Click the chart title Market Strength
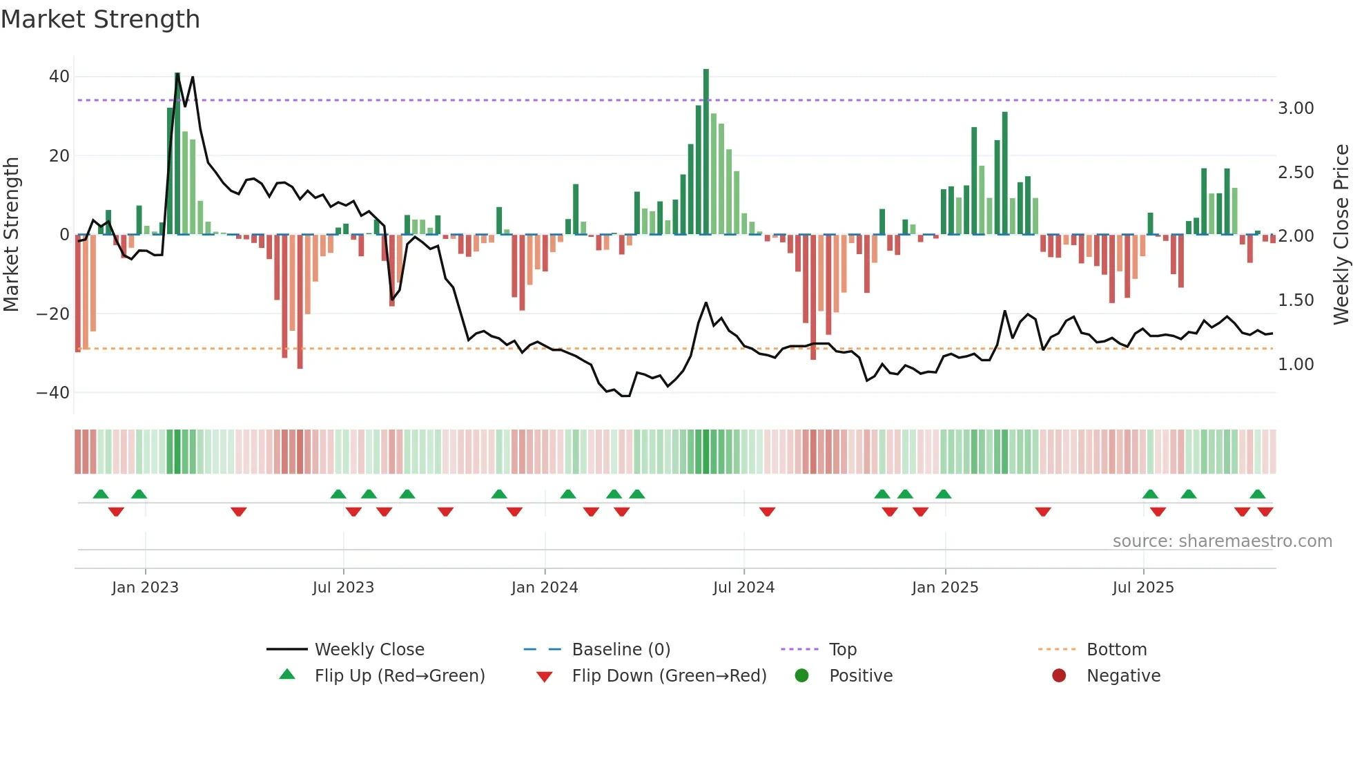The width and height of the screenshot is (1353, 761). (x=100, y=19)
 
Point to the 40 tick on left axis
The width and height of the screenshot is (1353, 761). (x=59, y=77)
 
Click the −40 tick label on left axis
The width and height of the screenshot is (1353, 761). (x=53, y=393)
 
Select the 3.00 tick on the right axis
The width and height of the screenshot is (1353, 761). (x=1296, y=108)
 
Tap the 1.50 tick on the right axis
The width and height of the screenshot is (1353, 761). (x=1296, y=300)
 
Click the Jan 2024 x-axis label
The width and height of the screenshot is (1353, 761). (x=544, y=588)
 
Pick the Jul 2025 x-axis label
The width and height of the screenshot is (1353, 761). (x=1142, y=588)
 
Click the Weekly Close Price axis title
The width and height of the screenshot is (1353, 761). (x=1341, y=235)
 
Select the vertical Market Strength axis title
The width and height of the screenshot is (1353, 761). (x=11, y=235)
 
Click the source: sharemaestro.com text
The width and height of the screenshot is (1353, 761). (x=1222, y=541)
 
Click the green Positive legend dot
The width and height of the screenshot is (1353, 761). (x=801, y=676)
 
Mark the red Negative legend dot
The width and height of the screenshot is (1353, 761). (x=1059, y=676)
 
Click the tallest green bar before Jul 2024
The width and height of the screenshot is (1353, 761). (x=706, y=152)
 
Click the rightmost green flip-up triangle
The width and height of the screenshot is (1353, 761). (x=1257, y=494)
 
